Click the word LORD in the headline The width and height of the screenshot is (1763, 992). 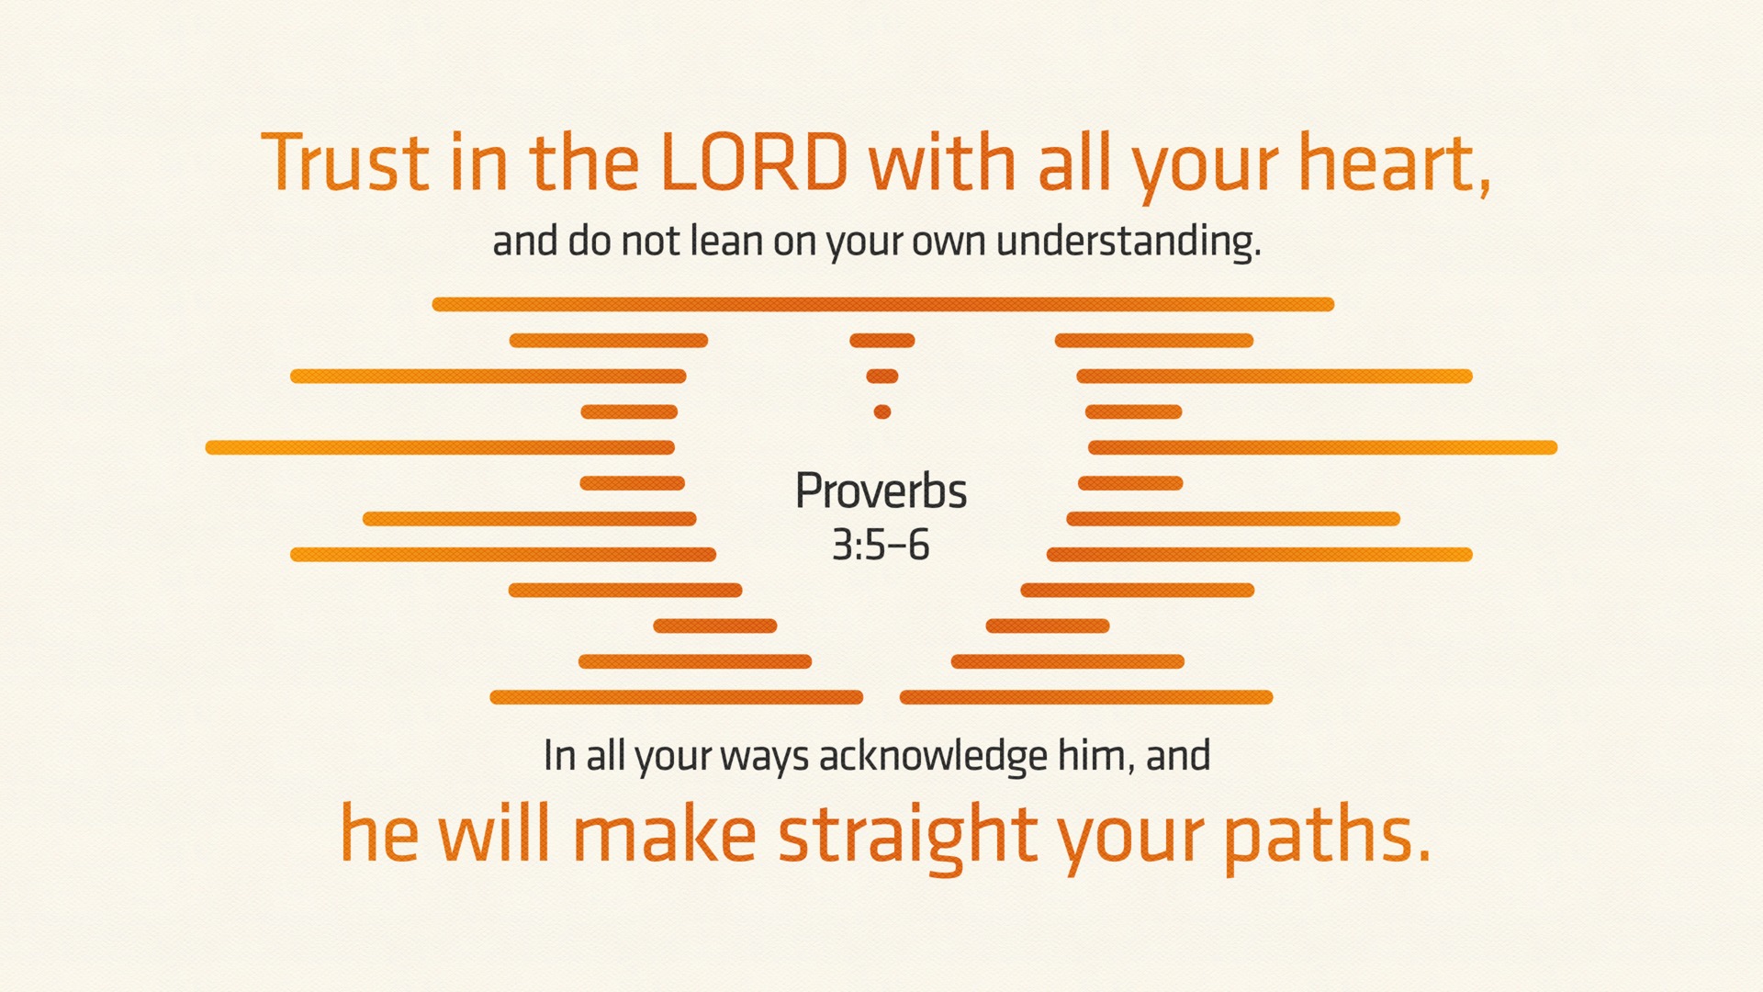[754, 162]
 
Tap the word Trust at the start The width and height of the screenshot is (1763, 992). [345, 162]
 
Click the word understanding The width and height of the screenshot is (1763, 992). [1129, 242]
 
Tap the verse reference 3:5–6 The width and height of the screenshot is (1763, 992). [881, 545]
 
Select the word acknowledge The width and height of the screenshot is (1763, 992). [933, 756]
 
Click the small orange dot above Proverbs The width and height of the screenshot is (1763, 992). [882, 411]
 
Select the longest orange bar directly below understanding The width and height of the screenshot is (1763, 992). [882, 304]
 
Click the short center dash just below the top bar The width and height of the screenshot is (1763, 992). [882, 341]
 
